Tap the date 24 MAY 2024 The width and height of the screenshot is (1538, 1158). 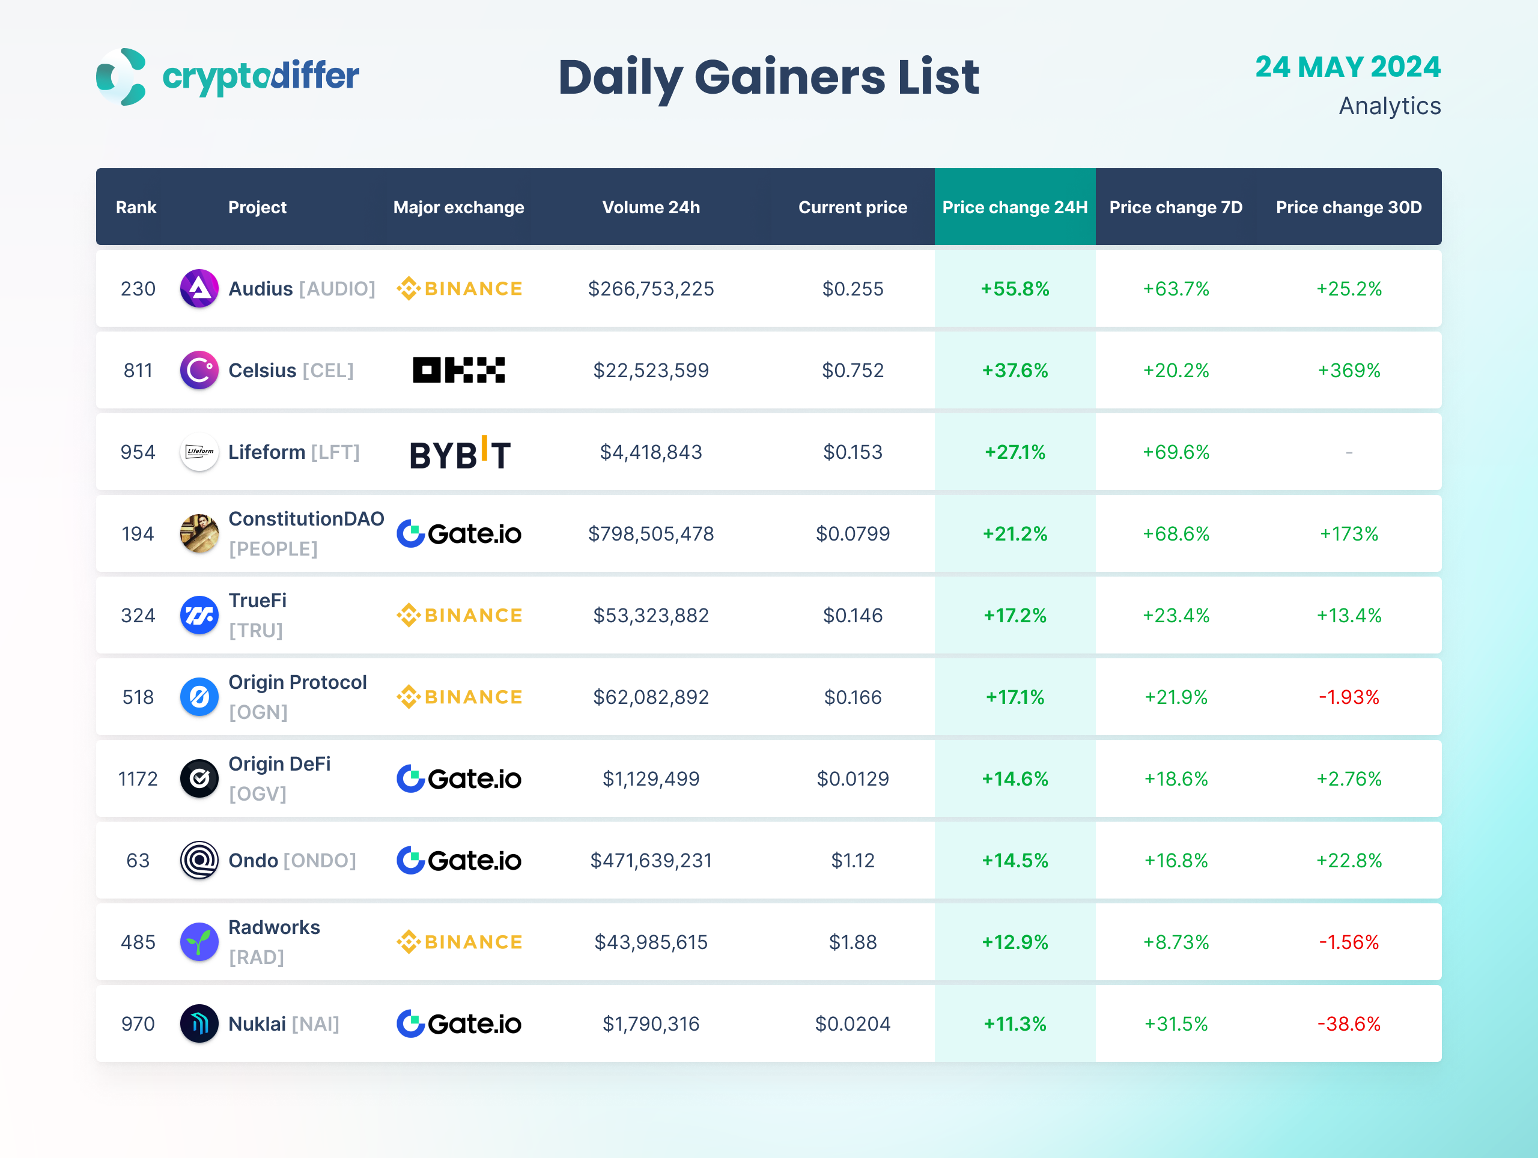1347,67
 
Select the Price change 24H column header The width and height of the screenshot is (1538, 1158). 1015,207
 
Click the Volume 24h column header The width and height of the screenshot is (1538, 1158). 651,207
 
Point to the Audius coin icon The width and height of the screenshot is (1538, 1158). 199,288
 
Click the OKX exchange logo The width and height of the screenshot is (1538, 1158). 459,370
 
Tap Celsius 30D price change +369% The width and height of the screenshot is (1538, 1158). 1348,371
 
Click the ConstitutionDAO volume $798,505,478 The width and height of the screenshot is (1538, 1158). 651,534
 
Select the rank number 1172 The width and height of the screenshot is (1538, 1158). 138,778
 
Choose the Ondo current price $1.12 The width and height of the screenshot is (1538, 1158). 853,861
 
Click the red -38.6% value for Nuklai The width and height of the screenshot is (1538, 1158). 1348,1024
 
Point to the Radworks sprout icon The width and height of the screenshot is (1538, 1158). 199,942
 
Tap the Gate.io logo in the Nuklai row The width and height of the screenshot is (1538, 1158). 459,1024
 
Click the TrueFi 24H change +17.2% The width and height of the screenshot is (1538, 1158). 1015,615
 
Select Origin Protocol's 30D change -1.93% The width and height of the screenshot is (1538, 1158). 1348,697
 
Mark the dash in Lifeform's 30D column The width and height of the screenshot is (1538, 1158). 1349,452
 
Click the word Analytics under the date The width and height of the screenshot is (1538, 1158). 1389,106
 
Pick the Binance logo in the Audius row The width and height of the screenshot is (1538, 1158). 459,288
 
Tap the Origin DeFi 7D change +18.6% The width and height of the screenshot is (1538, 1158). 1176,778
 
